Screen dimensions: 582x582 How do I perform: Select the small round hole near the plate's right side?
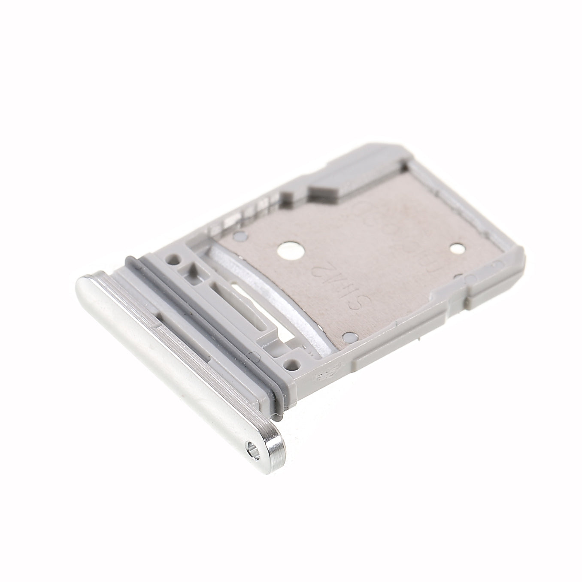click(x=456, y=249)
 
